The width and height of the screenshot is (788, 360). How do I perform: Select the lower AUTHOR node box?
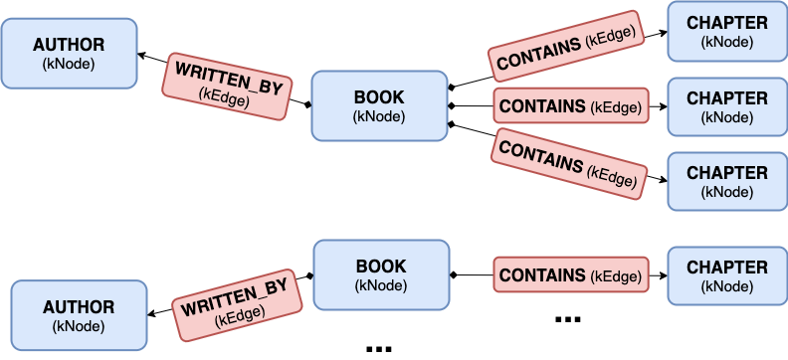pos(79,315)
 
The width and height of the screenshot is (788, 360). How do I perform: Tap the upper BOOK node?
pos(379,105)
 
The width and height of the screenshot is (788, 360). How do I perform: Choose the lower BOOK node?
pos(381,274)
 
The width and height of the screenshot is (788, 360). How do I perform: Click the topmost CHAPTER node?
pos(727,31)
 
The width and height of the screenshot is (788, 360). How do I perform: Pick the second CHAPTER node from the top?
pos(727,107)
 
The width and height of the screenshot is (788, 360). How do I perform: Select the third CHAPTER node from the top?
pos(727,181)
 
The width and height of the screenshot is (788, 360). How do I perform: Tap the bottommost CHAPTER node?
pos(727,276)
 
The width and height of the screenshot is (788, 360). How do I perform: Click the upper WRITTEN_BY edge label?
pos(229,88)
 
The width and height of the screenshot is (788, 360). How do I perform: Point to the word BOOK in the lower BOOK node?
pos(381,267)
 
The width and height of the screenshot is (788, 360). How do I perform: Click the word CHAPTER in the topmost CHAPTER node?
pos(727,23)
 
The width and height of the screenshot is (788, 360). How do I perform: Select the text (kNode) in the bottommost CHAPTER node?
pos(727,286)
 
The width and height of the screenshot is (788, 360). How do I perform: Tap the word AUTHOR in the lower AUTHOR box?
pos(79,307)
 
